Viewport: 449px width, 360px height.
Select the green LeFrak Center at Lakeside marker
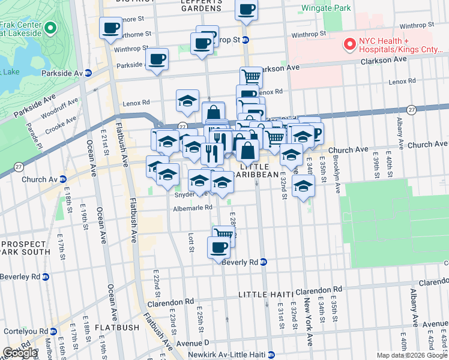pos(50,28)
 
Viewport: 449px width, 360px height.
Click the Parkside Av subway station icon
pos(88,73)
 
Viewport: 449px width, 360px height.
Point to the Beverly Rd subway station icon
pos(264,262)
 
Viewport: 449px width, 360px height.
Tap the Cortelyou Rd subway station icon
pos(55,331)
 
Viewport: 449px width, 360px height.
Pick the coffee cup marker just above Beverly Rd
pos(218,247)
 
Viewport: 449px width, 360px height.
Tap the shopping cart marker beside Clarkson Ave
pos(252,76)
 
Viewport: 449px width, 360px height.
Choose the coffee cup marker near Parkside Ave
pos(157,59)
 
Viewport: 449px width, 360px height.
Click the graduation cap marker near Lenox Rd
pos(187,100)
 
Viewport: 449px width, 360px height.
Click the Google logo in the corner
pos(20,353)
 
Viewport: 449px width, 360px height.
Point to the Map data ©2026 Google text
pos(412,355)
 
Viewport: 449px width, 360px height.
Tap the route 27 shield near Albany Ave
pos(411,109)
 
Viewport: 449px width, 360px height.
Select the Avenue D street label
pos(193,344)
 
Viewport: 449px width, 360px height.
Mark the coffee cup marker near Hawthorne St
pos(111,28)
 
